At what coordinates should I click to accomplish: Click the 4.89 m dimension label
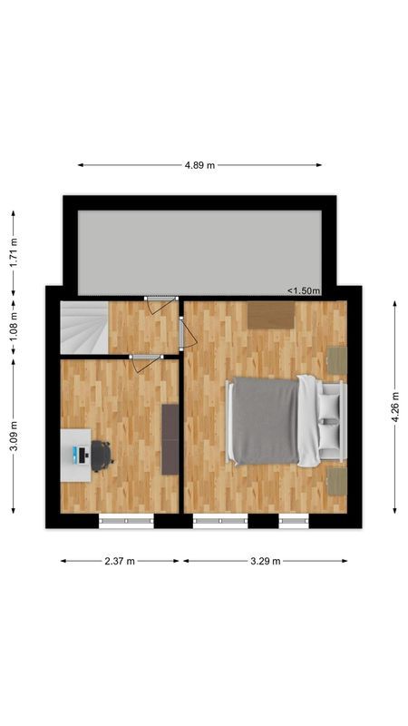[199, 165]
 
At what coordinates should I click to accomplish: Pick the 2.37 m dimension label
[120, 561]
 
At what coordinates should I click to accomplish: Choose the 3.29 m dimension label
[265, 561]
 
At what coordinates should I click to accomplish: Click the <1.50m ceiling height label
[304, 290]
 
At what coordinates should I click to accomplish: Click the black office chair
[100, 455]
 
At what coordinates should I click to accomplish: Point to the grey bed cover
[266, 420]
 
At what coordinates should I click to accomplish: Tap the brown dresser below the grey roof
[271, 315]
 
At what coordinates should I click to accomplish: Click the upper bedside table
[337, 360]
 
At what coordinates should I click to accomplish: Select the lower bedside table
[337, 481]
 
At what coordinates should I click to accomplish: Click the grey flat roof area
[199, 251]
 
